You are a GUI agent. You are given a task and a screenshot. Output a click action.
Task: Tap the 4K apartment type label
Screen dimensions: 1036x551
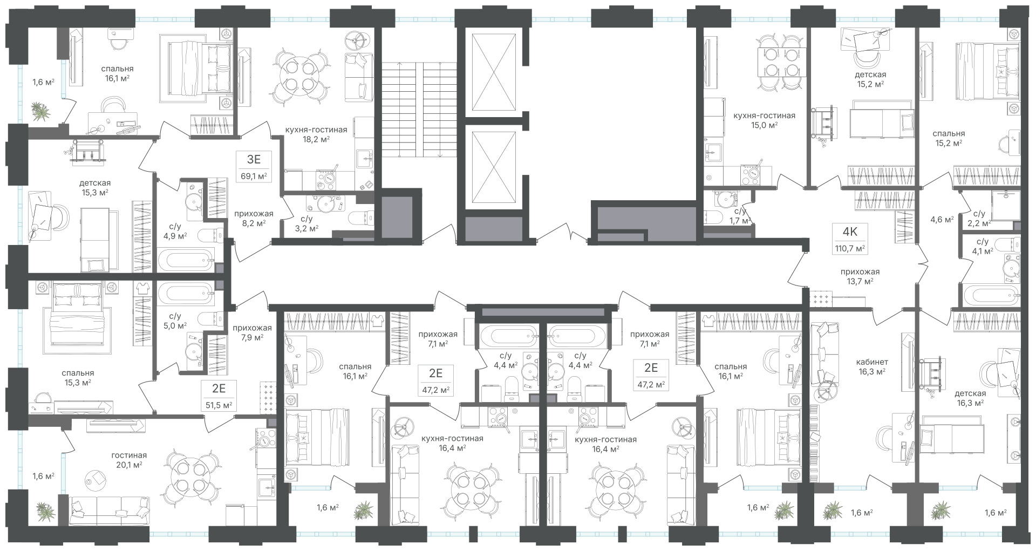pyautogui.click(x=850, y=232)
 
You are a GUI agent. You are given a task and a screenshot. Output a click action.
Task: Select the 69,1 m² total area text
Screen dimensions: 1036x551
pyautogui.click(x=254, y=175)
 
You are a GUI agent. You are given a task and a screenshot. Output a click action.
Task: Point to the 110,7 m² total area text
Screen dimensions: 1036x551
pyautogui.click(x=850, y=248)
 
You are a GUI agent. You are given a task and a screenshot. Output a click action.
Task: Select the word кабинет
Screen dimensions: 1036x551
pyautogui.click(x=872, y=362)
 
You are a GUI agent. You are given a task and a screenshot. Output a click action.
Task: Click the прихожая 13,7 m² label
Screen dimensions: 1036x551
pyautogui.click(x=860, y=276)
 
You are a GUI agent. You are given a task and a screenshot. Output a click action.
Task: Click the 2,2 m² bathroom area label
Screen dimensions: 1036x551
pyautogui.click(x=978, y=223)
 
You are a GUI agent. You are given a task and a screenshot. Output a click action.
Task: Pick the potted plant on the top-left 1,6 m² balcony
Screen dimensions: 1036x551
pyautogui.click(x=40, y=112)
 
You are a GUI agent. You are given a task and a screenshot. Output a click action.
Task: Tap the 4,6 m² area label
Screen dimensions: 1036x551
pyautogui.click(x=941, y=219)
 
